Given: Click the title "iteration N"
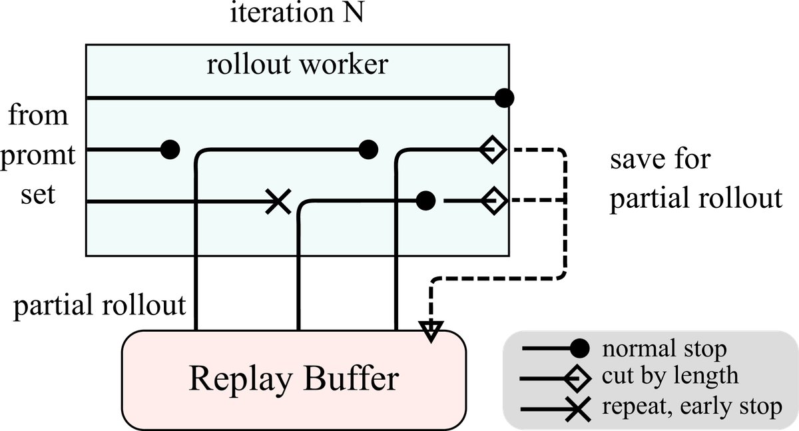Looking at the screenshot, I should click(x=297, y=14).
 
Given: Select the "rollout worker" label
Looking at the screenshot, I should click(x=297, y=65).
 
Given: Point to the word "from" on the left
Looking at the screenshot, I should click(x=38, y=116).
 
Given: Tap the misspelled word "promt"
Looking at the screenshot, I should click(x=39, y=158).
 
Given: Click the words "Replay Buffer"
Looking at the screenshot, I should click(x=294, y=378).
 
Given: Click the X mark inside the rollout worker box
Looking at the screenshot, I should click(x=278, y=201).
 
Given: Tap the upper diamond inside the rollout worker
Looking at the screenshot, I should click(x=493, y=150).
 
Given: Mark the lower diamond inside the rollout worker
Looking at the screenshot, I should click(x=494, y=200).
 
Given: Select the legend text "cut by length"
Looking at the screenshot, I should click(x=669, y=376).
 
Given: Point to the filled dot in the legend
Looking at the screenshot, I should click(x=580, y=348).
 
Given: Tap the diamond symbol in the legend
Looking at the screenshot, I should click(x=577, y=378).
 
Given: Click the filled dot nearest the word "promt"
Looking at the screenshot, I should click(x=170, y=150).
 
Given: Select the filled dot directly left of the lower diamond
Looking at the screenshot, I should click(x=425, y=200).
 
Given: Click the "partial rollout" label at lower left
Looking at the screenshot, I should click(x=99, y=306).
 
